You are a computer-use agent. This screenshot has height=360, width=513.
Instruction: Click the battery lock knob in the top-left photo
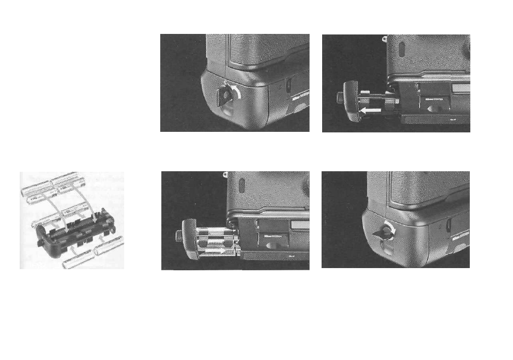tap(225, 96)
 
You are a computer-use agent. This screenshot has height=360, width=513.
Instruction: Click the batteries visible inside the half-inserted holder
tap(216, 241)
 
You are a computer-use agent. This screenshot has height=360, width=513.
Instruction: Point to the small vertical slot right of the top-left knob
tap(288, 86)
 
